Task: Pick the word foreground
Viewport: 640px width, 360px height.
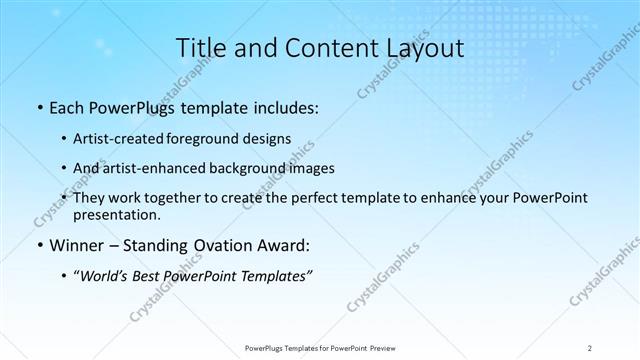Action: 210,140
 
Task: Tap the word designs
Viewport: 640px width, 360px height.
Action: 268,140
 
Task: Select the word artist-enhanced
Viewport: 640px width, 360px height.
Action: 156,169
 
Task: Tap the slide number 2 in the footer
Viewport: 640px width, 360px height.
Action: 590,347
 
